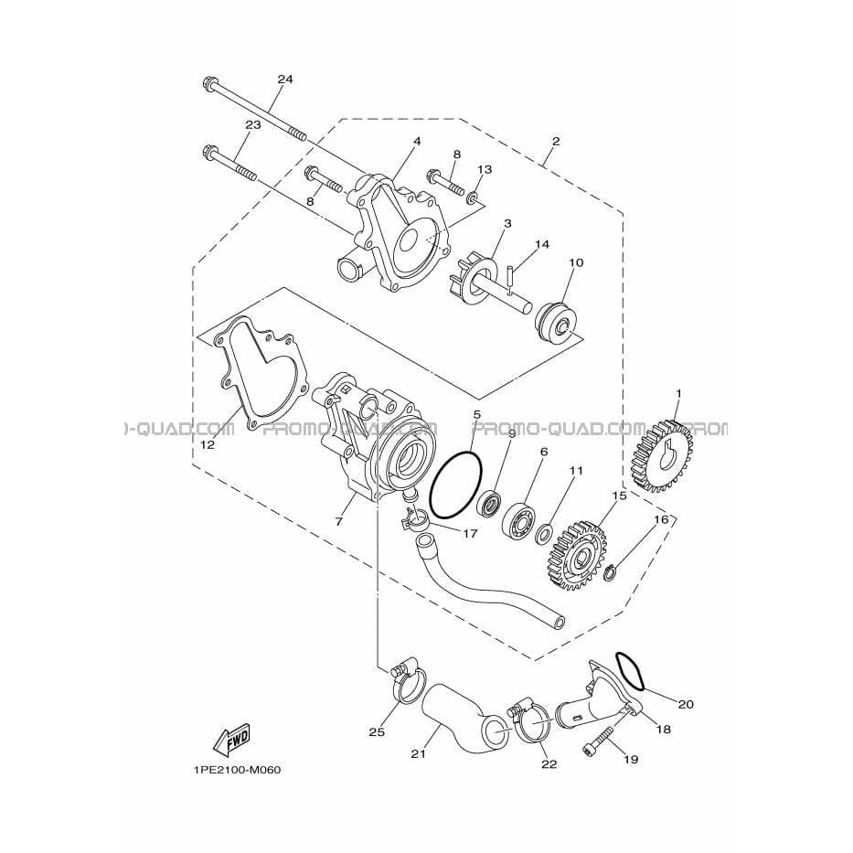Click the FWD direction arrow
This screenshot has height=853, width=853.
pyautogui.click(x=230, y=740)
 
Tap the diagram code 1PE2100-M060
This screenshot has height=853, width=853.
pyautogui.click(x=237, y=771)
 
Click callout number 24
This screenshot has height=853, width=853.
pyautogui.click(x=285, y=80)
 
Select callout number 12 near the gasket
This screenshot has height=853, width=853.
pyautogui.click(x=208, y=444)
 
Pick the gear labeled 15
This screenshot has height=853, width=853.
pyautogui.click(x=579, y=556)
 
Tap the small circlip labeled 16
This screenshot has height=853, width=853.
pyautogui.click(x=613, y=573)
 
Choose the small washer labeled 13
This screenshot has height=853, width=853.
pyautogui.click(x=472, y=197)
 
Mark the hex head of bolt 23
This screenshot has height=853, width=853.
pyautogui.click(x=209, y=151)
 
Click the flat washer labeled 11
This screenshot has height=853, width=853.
pyautogui.click(x=544, y=534)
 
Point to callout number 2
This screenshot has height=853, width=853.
pyautogui.click(x=555, y=142)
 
